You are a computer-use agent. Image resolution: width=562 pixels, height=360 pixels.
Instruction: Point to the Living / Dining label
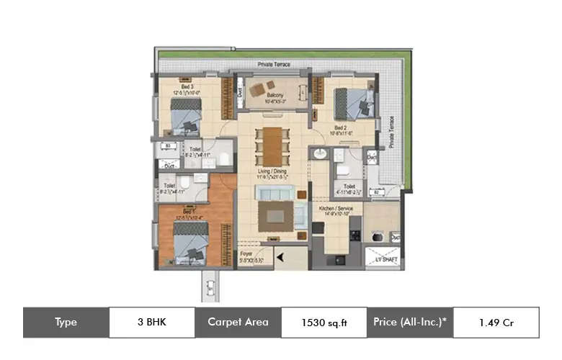273,171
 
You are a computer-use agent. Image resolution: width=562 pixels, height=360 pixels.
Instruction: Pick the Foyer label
251,254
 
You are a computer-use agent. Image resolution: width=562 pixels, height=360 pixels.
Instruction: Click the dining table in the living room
272,145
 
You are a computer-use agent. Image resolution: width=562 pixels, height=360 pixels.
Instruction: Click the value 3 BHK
151,323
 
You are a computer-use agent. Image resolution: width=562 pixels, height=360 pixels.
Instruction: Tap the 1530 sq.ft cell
324,323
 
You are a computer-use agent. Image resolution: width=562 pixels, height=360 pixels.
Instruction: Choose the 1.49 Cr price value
496,323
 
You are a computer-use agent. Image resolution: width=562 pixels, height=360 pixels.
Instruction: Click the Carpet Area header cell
238,323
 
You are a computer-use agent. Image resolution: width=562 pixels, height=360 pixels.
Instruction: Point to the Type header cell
66,323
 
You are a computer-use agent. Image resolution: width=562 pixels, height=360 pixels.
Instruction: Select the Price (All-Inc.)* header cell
410,323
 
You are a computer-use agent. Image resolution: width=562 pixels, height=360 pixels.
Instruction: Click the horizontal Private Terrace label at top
274,65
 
